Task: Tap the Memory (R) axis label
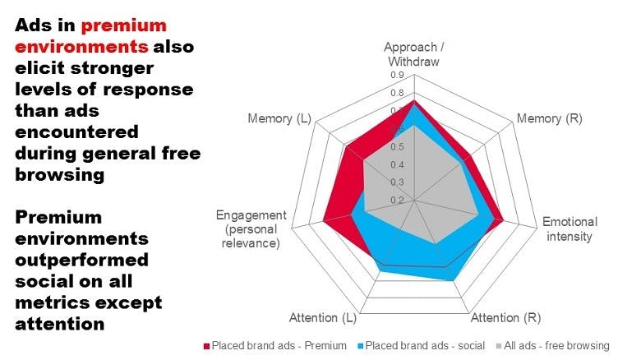pos(549,119)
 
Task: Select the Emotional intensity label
pos(570,229)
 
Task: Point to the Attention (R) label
pos(505,318)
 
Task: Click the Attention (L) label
pos(323,318)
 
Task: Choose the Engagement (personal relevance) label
pos(251,229)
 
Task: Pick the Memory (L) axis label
pos(279,119)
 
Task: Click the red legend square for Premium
pos(207,345)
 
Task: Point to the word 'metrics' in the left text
pos(48,303)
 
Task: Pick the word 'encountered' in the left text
pos(76,132)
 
